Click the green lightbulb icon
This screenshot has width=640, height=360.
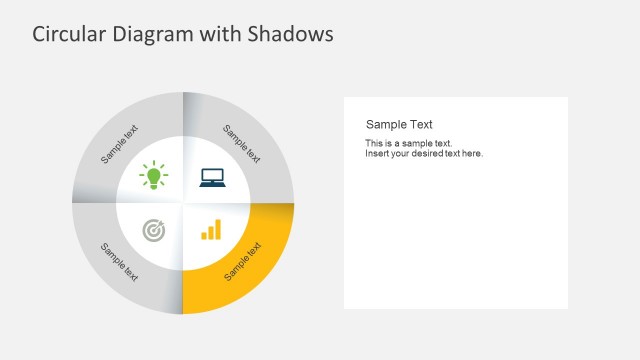point(154,177)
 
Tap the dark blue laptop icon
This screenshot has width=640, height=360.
point(212,178)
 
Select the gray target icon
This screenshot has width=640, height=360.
point(154,230)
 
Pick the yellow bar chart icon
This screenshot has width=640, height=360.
point(211,230)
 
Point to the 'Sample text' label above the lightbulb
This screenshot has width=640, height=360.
point(120,144)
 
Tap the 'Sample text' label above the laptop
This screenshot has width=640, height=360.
point(242,144)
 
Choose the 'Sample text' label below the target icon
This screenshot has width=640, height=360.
point(120,262)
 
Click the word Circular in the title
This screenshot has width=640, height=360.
point(67,35)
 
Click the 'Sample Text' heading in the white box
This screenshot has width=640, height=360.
point(399,125)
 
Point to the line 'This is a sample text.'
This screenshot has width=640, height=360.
point(408,143)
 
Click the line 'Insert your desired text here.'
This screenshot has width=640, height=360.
point(424,154)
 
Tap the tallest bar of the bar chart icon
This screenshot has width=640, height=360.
point(217,229)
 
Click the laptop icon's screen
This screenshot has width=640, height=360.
point(212,176)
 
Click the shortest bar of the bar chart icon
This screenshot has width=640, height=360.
point(204,236)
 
